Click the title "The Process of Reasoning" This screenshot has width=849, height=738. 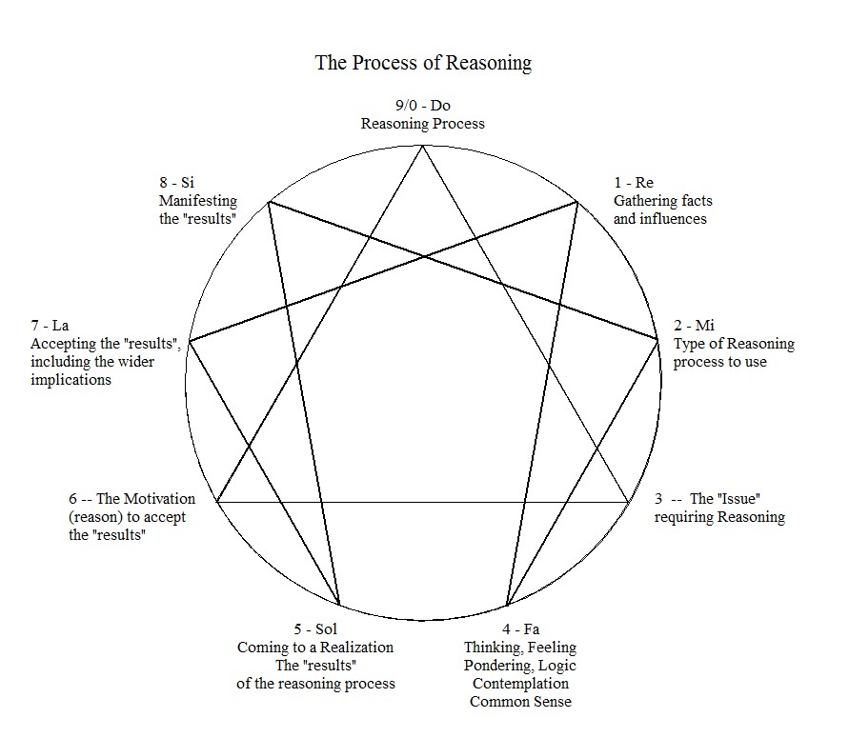(423, 64)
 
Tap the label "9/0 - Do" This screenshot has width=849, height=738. (423, 106)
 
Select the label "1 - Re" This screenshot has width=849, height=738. (634, 183)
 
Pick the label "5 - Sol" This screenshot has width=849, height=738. (315, 629)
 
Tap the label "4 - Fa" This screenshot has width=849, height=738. (520, 629)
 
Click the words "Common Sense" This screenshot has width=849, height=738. (520, 702)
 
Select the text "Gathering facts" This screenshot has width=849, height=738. (662, 201)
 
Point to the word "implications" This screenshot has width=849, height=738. (71, 380)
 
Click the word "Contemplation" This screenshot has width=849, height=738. (520, 684)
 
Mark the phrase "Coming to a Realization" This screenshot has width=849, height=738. (315, 648)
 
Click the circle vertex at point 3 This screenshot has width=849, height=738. (628, 501)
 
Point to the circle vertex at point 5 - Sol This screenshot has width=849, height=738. (339, 606)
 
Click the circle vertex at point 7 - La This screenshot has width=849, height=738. (190, 341)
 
